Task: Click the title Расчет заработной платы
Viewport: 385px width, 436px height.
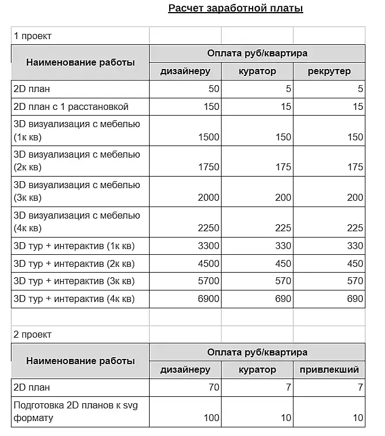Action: (235, 8)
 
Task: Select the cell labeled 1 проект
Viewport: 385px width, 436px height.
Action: (33, 36)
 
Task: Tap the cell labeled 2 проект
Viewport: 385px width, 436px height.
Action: (33, 334)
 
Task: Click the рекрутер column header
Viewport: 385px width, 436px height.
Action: (329, 71)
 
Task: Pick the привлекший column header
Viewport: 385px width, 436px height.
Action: (329, 370)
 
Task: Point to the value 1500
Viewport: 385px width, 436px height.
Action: (208, 137)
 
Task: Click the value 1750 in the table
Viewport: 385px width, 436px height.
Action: (208, 167)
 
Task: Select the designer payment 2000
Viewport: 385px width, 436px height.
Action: (208, 197)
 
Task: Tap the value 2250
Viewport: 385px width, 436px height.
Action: (208, 228)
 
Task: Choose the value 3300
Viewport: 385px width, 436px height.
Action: (208, 246)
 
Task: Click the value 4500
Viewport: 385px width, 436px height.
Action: (208, 264)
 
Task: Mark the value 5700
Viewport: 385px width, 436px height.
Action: (208, 281)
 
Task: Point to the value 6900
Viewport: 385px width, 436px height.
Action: (208, 299)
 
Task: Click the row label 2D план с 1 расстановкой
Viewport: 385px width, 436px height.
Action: (71, 107)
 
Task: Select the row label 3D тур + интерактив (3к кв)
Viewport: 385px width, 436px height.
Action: (74, 281)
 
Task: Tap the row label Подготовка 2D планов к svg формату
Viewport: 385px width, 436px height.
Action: (75, 411)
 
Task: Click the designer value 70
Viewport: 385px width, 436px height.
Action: (214, 388)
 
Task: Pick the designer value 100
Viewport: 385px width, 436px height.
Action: (211, 418)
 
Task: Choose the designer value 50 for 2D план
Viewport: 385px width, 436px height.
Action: (214, 89)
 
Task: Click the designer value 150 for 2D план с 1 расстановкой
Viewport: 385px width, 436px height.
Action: (211, 107)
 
